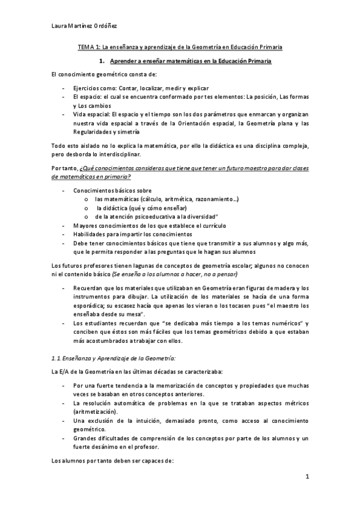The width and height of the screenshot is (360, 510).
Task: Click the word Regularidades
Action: coord(93,132)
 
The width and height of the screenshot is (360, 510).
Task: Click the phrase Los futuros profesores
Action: coord(84,265)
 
